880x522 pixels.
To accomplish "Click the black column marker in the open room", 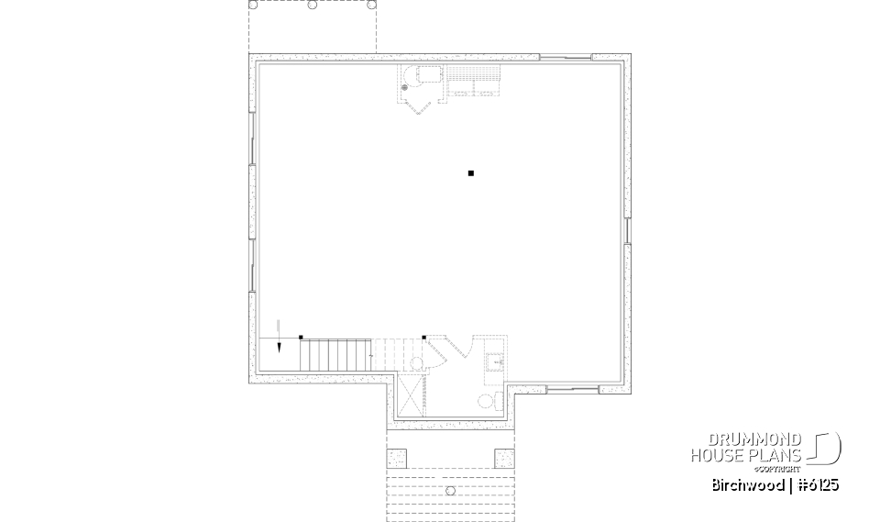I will (470, 172).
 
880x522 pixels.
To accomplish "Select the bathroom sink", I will (495, 361).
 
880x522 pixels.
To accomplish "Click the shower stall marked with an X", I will (413, 395).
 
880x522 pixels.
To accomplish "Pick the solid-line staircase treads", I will (335, 354).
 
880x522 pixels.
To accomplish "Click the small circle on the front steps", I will (450, 491).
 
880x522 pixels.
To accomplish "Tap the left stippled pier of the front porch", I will (397, 455).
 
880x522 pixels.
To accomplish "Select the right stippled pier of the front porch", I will (504, 455).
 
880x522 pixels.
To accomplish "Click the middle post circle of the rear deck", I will (313, 5).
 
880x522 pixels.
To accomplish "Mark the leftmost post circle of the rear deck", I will (254, 5).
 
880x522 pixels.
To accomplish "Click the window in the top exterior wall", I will (565, 58).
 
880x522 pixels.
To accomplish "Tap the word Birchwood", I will (743, 484).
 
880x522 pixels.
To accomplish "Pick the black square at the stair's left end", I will (301, 338).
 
